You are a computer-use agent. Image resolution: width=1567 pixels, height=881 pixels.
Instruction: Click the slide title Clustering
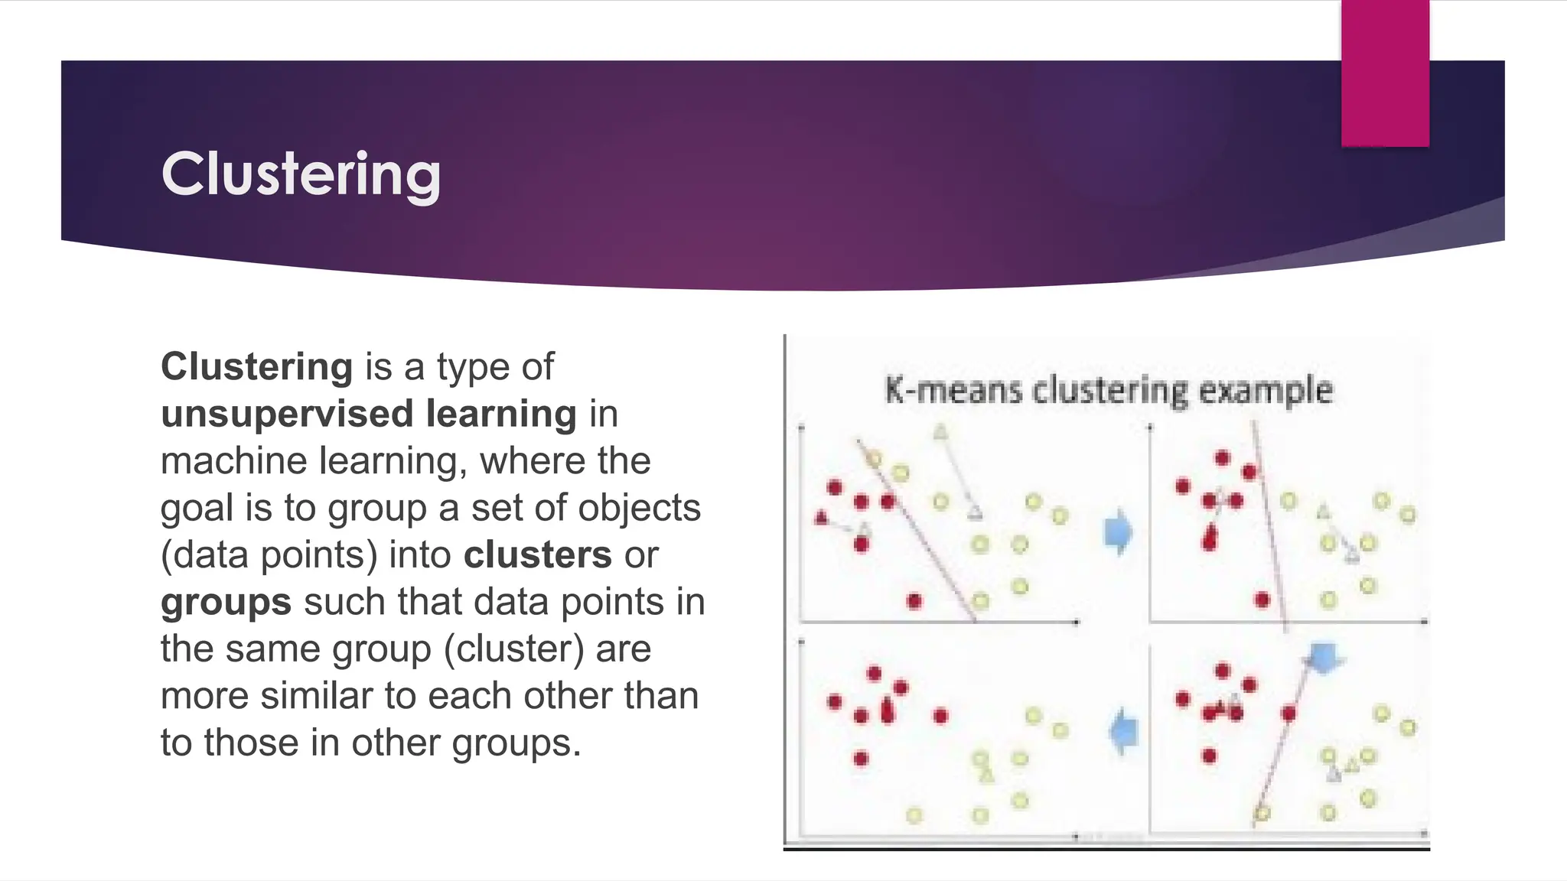(301, 174)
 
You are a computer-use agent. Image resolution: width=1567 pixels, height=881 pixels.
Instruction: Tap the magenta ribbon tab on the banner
(1385, 73)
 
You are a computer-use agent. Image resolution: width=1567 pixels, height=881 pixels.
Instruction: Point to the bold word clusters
(537, 555)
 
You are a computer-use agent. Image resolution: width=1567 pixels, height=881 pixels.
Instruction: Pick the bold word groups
(226, 603)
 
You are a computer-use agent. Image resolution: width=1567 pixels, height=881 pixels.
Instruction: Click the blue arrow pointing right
(1119, 532)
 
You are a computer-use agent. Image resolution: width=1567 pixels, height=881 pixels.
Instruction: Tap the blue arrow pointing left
(1123, 731)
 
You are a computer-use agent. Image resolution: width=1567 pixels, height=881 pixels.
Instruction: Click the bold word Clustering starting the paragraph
(256, 366)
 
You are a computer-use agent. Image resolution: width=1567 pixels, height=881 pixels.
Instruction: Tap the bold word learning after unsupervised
(500, 414)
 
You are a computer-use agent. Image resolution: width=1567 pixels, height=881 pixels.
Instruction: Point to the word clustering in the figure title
(1109, 390)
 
